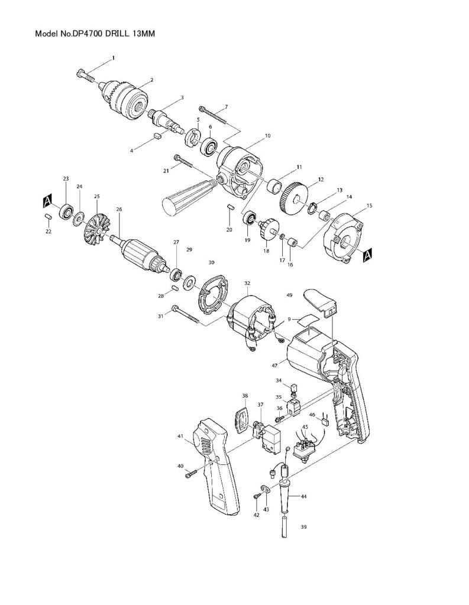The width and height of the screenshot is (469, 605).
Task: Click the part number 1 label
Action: click(114, 57)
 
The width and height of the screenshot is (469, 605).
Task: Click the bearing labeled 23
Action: click(66, 210)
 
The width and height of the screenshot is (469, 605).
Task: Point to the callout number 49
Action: click(289, 294)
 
